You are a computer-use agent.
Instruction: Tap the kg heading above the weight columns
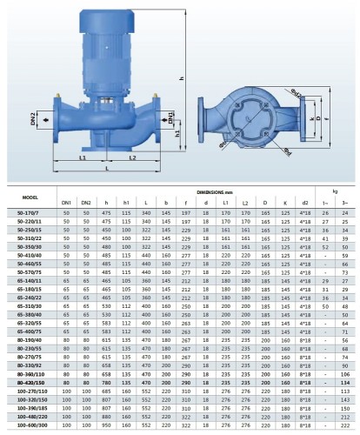(333, 190)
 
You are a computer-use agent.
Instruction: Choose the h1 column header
(127, 203)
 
